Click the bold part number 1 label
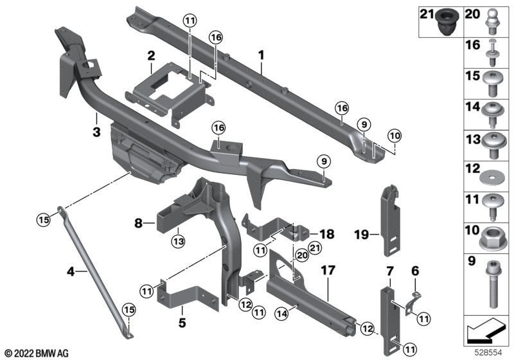click(261, 57)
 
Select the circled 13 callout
click(177, 241)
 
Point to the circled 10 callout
click(393, 135)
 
